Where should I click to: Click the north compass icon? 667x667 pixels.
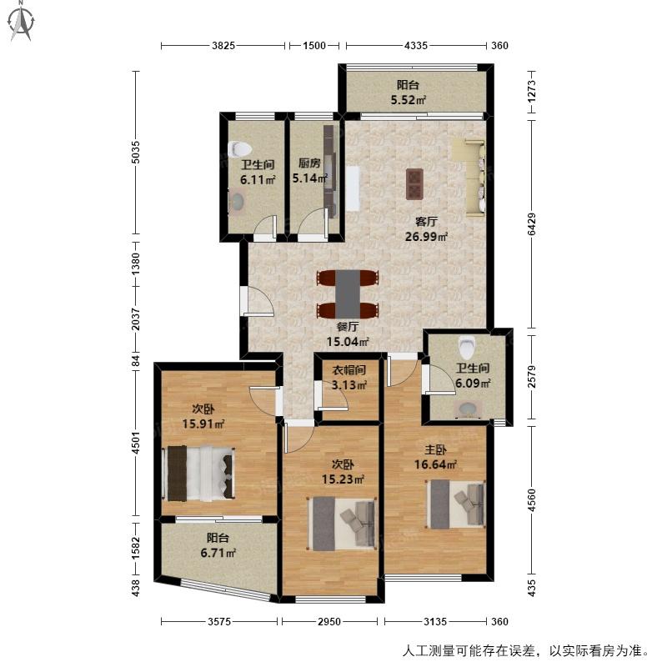(x=22, y=22)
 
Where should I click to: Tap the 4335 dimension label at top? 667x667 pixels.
(x=415, y=46)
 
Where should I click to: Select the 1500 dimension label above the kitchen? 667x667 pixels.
(x=314, y=46)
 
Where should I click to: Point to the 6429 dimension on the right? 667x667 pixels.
(x=531, y=224)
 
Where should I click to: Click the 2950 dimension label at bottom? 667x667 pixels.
(x=329, y=621)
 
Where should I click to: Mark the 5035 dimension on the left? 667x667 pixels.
(x=135, y=152)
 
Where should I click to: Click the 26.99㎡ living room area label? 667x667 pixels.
(x=426, y=237)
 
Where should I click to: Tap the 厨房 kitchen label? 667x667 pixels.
(x=309, y=163)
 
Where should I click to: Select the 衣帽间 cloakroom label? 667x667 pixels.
(x=349, y=370)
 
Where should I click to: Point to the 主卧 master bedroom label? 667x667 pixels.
(x=435, y=449)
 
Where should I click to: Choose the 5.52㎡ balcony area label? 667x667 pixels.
(x=409, y=100)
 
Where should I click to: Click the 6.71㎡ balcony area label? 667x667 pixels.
(x=218, y=553)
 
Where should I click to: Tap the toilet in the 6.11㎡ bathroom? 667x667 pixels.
(x=240, y=149)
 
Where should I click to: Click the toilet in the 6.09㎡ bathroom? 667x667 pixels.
(x=467, y=347)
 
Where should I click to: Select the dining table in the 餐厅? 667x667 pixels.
(x=348, y=294)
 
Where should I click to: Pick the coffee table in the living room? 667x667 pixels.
(x=414, y=183)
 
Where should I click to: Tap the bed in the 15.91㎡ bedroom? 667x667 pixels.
(x=198, y=473)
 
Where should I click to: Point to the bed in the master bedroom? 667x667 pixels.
(x=455, y=504)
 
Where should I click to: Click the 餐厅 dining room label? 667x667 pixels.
(x=348, y=327)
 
